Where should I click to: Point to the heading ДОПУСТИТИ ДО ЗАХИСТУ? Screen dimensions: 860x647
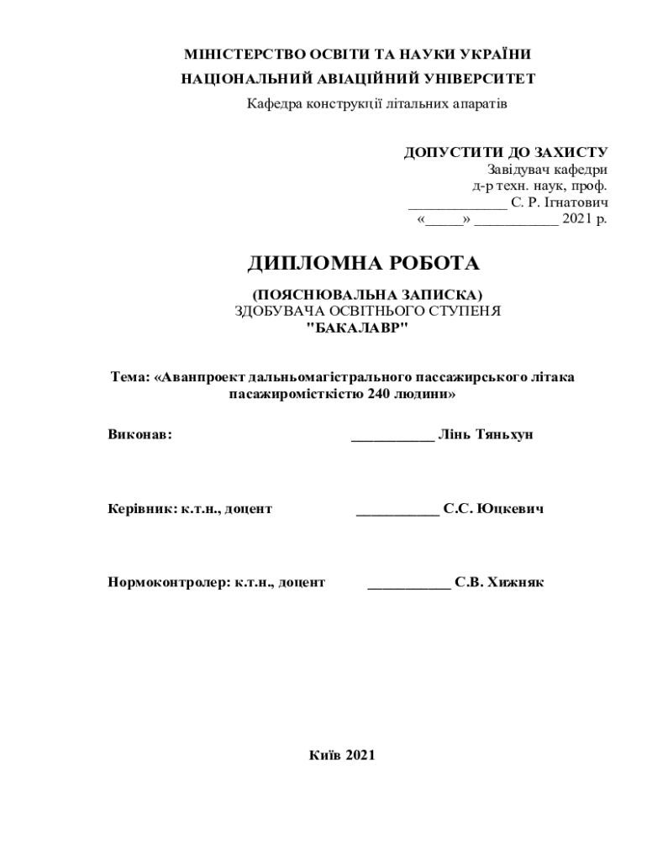[506, 153]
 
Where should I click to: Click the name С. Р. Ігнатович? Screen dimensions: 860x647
[559, 202]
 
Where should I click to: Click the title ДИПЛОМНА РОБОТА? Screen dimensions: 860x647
[363, 264]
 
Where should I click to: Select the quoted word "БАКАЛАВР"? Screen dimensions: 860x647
[356, 327]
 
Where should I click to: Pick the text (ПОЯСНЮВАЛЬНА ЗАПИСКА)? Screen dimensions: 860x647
[368, 295]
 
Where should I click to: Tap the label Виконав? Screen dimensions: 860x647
[139, 435]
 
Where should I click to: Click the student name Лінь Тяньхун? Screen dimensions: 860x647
[486, 435]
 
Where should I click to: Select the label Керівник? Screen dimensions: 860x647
[142, 508]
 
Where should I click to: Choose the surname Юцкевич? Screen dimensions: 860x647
[510, 508]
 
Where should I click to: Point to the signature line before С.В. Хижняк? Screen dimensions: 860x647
[409, 586]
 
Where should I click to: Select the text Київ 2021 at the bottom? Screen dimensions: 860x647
[340, 755]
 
